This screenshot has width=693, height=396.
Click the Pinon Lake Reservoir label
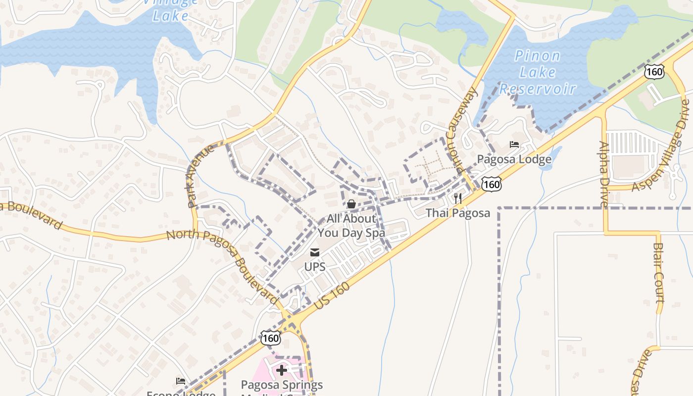point(538,72)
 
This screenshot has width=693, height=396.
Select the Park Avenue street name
point(200,175)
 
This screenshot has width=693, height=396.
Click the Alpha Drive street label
point(604,174)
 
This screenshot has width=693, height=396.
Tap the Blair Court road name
point(658,272)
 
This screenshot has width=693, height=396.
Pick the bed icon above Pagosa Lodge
point(514,145)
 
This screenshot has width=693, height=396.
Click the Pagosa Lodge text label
point(514,159)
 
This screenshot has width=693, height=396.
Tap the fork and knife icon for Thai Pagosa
point(458,199)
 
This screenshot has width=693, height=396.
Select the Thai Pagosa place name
point(458,213)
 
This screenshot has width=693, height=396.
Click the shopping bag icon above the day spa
point(351,204)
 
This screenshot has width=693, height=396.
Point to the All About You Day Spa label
point(351,225)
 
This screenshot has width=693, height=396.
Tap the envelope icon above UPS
point(314,253)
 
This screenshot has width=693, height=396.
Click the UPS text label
point(314,267)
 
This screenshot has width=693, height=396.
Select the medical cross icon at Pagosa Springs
point(282,370)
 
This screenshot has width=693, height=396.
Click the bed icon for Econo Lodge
point(181,381)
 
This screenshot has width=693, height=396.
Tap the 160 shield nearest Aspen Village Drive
point(654,72)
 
